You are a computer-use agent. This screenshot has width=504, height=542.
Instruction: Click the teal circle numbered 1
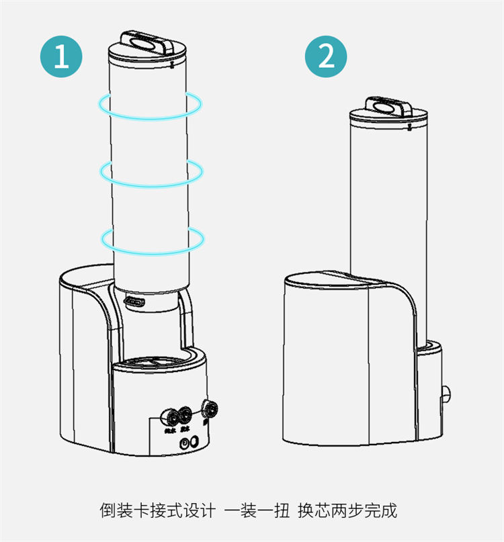point(62,56)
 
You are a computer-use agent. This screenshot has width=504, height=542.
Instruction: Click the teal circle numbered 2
point(326,56)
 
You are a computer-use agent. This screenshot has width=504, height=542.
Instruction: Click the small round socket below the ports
point(192,443)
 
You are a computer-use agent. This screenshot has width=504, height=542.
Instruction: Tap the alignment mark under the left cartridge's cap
point(173,66)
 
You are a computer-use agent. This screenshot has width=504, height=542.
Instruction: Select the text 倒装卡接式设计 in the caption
point(157,510)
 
